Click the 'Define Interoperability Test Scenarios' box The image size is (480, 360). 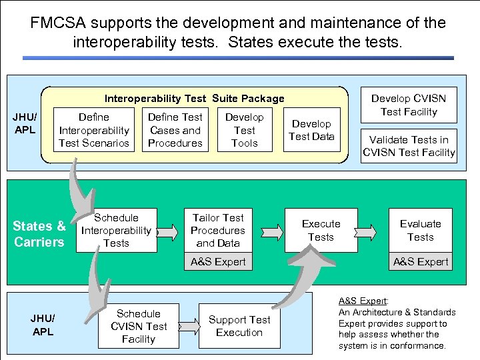pos(94,130)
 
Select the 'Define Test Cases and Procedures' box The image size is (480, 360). pos(175,130)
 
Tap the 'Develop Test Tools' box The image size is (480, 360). pos(245,130)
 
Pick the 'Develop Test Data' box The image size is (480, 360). pos(311,130)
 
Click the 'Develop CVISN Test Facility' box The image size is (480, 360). pos(409,105)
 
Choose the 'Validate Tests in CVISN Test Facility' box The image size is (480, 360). pos(409,146)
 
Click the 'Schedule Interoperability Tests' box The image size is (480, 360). pos(116,231)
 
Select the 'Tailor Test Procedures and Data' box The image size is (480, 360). pos(218,231)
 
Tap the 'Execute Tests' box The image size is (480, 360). pos(321,231)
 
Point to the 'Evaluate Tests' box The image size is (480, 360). pos(421,231)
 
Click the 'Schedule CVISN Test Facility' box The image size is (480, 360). pos(138,326)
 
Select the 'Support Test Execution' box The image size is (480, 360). pos(239,326)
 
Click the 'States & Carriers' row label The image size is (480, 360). pos(39,234)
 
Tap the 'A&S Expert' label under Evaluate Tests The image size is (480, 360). pos(421,262)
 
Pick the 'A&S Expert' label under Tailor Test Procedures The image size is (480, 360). pos(218,262)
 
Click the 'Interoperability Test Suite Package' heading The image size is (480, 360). pos(194,99)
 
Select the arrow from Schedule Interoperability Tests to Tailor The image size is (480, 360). pos(169,231)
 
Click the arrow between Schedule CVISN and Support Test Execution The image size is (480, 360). pos(189,326)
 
